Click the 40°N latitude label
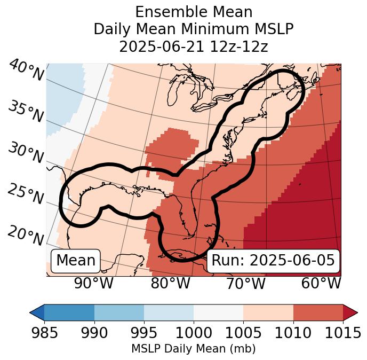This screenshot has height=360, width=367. (x=26, y=71)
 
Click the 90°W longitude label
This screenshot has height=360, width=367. (x=94, y=284)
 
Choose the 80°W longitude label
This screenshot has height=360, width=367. (x=170, y=284)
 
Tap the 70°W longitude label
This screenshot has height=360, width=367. (x=246, y=284)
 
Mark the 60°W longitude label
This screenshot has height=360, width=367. (x=321, y=284)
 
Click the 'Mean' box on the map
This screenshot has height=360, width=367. (x=76, y=261)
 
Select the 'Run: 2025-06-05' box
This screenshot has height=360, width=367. (x=273, y=261)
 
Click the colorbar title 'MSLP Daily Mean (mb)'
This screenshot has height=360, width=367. (x=193, y=349)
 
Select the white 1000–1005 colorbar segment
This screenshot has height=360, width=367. (x=218, y=312)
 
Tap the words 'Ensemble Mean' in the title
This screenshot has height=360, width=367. (x=194, y=12)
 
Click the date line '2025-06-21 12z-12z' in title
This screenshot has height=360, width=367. (x=194, y=46)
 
